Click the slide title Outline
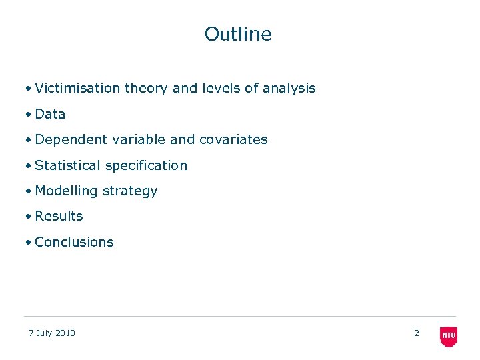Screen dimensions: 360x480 click(238, 34)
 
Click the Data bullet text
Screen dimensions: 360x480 click(50, 114)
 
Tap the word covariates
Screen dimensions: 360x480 click(233, 139)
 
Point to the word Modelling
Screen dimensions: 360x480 click(66, 191)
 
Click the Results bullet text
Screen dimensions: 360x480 click(59, 216)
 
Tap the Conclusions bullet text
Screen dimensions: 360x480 click(74, 242)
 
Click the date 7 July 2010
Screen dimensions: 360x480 click(52, 333)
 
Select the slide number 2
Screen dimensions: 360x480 click(417, 333)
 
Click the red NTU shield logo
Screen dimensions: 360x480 click(449, 336)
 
